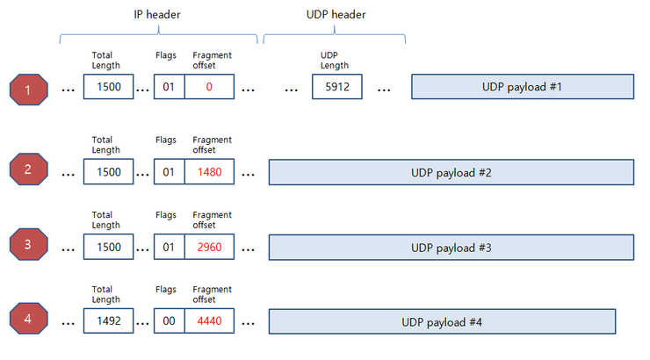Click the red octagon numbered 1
click(x=28, y=89)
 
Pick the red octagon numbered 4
click(x=28, y=320)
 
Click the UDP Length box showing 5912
click(x=337, y=88)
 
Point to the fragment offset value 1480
click(x=210, y=171)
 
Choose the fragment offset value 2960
click(x=210, y=247)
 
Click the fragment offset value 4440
click(x=210, y=321)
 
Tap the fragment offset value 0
click(x=210, y=88)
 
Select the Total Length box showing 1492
click(x=109, y=321)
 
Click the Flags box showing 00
click(x=169, y=321)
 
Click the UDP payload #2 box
click(x=451, y=171)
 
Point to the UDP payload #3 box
click(x=451, y=247)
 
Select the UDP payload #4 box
click(x=442, y=321)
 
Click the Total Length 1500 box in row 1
click(x=109, y=88)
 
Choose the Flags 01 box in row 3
click(x=169, y=247)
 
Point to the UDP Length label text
click(x=334, y=60)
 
